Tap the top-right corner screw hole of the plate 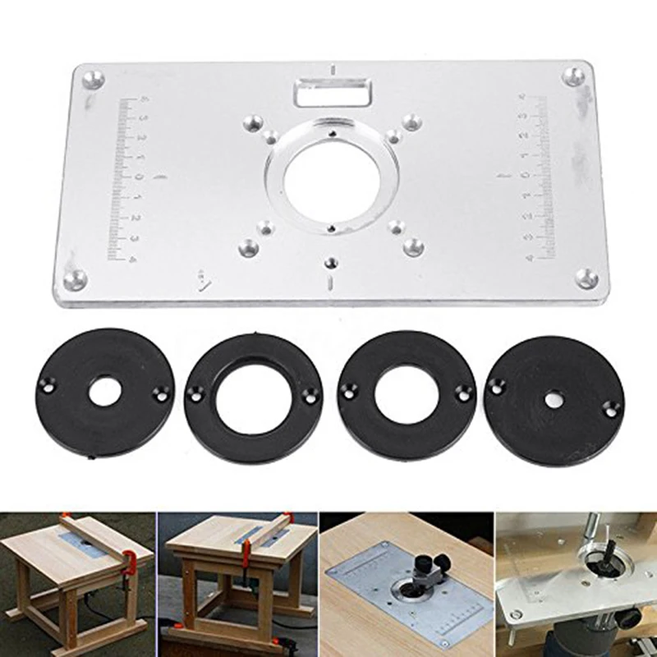576,77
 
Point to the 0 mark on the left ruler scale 140,176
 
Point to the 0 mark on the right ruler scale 526,175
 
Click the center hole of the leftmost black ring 103,393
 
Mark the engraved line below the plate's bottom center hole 331,284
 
